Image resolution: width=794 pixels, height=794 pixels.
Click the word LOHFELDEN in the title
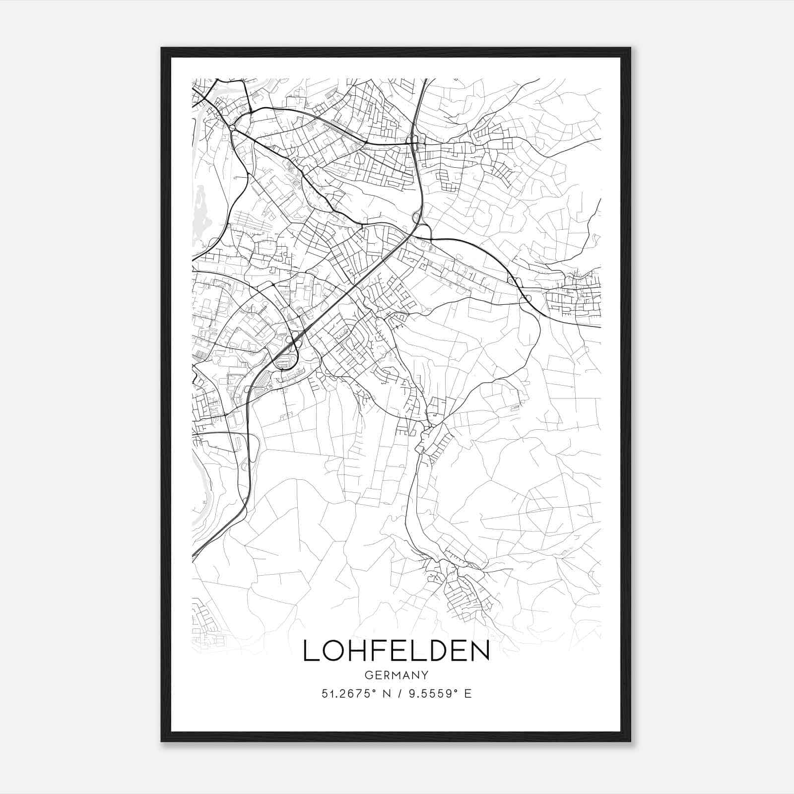point(396,651)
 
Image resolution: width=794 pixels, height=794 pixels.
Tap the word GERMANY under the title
point(396,675)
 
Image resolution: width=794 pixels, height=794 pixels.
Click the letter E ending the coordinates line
point(467,694)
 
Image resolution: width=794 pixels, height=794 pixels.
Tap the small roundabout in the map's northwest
point(233,128)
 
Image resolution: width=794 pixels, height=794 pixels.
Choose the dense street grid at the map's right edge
point(576,298)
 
